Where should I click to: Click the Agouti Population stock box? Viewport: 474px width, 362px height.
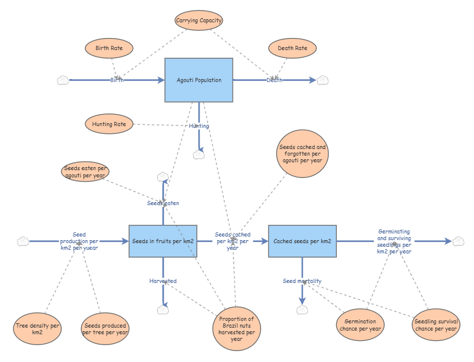click(198, 80)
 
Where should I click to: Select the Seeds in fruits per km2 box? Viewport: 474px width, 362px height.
click(163, 241)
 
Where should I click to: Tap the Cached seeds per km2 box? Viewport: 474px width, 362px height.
click(302, 241)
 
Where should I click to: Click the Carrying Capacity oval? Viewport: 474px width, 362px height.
click(198, 21)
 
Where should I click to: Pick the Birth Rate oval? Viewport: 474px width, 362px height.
click(109, 48)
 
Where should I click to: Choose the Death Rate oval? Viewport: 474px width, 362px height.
click(293, 48)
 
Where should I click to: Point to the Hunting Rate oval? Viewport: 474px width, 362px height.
click(109, 124)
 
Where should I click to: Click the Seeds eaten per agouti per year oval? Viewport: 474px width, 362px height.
click(85, 171)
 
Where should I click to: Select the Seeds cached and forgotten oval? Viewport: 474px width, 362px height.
click(302, 153)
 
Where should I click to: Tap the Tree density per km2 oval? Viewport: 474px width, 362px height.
click(37, 329)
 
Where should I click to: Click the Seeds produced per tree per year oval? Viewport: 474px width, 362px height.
click(105, 329)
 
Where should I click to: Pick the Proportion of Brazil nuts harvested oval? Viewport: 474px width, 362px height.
click(236, 329)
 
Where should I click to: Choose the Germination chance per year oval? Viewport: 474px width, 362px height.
click(360, 325)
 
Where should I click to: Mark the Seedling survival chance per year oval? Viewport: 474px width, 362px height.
click(436, 325)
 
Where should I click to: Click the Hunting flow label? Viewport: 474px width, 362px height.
click(199, 125)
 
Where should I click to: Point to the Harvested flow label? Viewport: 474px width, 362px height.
click(163, 281)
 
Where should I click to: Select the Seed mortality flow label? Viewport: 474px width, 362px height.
click(302, 281)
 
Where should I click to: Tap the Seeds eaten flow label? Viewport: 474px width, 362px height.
click(163, 203)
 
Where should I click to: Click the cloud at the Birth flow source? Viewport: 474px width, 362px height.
click(63, 80)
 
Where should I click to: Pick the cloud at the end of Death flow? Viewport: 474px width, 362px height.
click(323, 80)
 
